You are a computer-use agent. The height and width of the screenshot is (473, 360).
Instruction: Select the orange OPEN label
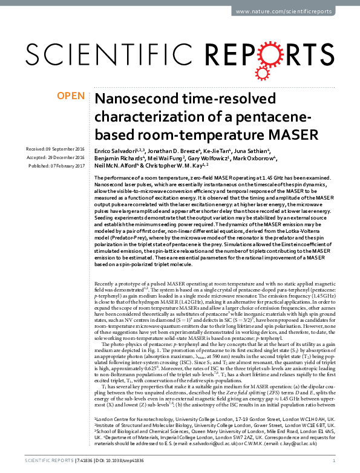70,96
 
